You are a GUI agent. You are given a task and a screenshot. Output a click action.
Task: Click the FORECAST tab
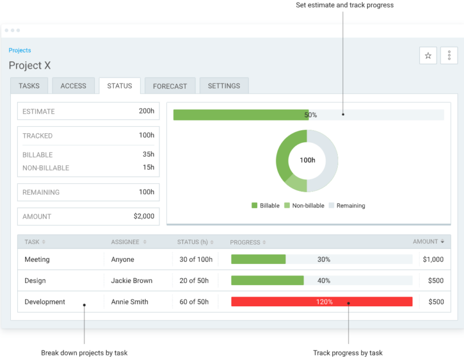click(170, 86)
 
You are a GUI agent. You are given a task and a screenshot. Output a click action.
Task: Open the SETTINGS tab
click(224, 86)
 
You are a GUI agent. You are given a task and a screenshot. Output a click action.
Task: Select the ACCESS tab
click(73, 86)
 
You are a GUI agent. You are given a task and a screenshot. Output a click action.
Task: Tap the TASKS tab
click(29, 86)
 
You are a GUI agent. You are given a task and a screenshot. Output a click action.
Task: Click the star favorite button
click(428, 55)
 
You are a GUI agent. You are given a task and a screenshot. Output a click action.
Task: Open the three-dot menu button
click(449, 55)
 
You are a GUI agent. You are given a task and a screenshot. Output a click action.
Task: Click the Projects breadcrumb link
click(20, 50)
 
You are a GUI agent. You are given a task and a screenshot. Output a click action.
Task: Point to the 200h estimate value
click(146, 111)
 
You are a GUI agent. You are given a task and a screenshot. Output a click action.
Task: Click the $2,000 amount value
click(144, 217)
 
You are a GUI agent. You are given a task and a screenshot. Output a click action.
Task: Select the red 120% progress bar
click(322, 302)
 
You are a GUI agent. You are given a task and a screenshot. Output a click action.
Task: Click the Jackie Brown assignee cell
click(131, 281)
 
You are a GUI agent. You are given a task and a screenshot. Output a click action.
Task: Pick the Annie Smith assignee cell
click(130, 302)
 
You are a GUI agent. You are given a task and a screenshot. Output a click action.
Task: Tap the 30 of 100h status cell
click(196, 259)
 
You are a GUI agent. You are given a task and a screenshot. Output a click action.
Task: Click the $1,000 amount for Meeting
click(433, 259)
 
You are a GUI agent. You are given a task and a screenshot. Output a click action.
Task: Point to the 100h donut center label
click(307, 161)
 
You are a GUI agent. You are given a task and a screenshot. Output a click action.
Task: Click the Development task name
click(45, 302)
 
